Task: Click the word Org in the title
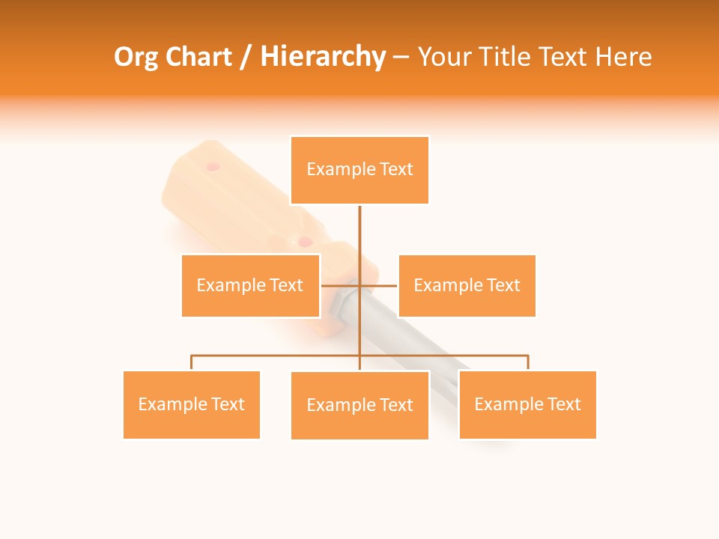click(136, 57)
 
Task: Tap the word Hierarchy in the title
click(323, 57)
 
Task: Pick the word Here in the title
click(623, 57)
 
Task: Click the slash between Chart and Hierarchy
click(246, 58)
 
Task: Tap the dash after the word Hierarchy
click(401, 58)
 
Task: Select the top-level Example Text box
click(359, 170)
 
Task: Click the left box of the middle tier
click(250, 285)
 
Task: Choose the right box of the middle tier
click(467, 285)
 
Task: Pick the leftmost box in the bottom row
click(191, 404)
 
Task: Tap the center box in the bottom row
click(359, 405)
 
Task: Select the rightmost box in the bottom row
click(527, 404)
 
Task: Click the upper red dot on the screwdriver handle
click(213, 166)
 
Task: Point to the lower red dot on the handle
click(304, 242)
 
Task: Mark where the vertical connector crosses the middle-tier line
click(359, 285)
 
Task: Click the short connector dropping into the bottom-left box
click(191, 363)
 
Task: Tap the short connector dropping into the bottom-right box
click(527, 363)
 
